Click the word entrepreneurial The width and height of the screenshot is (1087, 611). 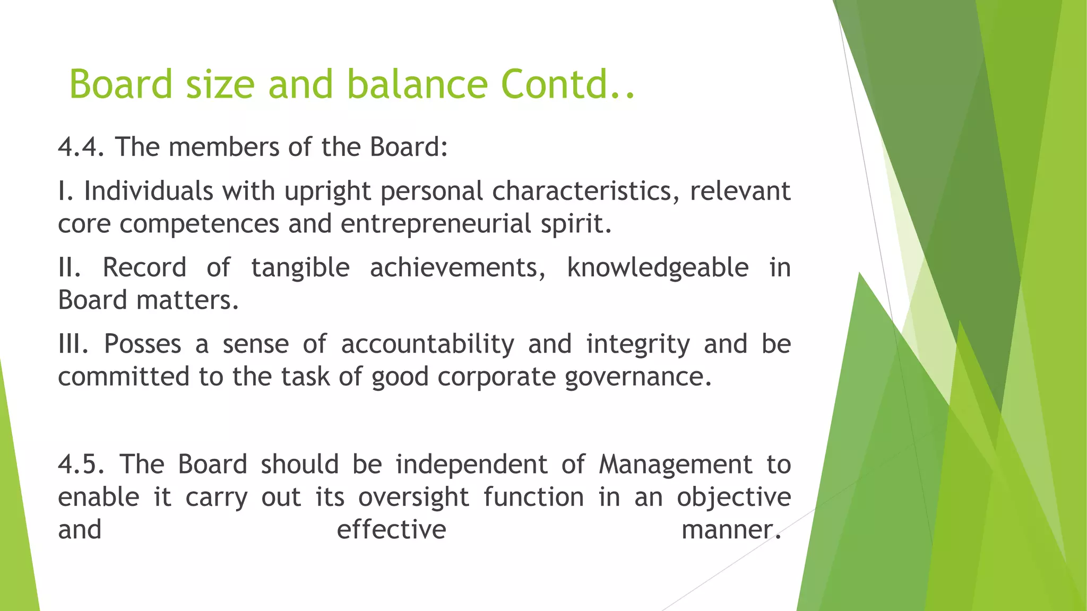pyautogui.click(x=435, y=224)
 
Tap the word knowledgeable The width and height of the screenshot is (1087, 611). pyautogui.click(x=658, y=267)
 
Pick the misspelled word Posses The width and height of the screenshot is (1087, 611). pyautogui.click(x=143, y=344)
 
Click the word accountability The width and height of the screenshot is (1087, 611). pyautogui.click(x=427, y=344)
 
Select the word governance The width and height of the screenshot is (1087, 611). pyautogui.click(x=637, y=377)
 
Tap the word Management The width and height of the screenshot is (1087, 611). pyautogui.click(x=675, y=465)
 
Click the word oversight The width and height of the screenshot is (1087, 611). pyautogui.click(x=413, y=497)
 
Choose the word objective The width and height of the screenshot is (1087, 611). pyautogui.click(x=734, y=497)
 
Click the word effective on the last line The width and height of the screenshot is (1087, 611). pyautogui.click(x=392, y=530)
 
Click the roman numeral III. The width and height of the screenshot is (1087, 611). pyautogui.click(x=73, y=344)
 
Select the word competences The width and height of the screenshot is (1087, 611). pyautogui.click(x=199, y=224)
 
